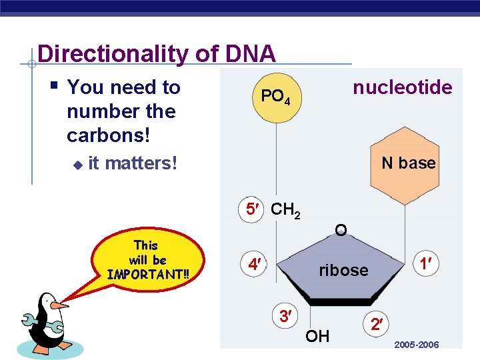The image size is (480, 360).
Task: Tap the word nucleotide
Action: pyautogui.click(x=402, y=87)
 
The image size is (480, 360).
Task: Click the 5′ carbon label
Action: pyautogui.click(x=253, y=209)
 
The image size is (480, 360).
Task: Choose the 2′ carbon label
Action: pyautogui.click(x=377, y=325)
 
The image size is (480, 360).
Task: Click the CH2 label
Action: pyautogui.click(x=286, y=211)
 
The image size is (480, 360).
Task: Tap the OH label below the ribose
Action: pyautogui.click(x=317, y=336)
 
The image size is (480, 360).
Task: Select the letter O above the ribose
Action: pyautogui.click(x=341, y=230)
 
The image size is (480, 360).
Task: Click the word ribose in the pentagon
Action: pyautogui.click(x=343, y=270)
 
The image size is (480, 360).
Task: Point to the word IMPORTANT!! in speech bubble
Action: pyautogui.click(x=148, y=274)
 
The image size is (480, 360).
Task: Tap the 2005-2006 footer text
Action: pyautogui.click(x=416, y=345)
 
